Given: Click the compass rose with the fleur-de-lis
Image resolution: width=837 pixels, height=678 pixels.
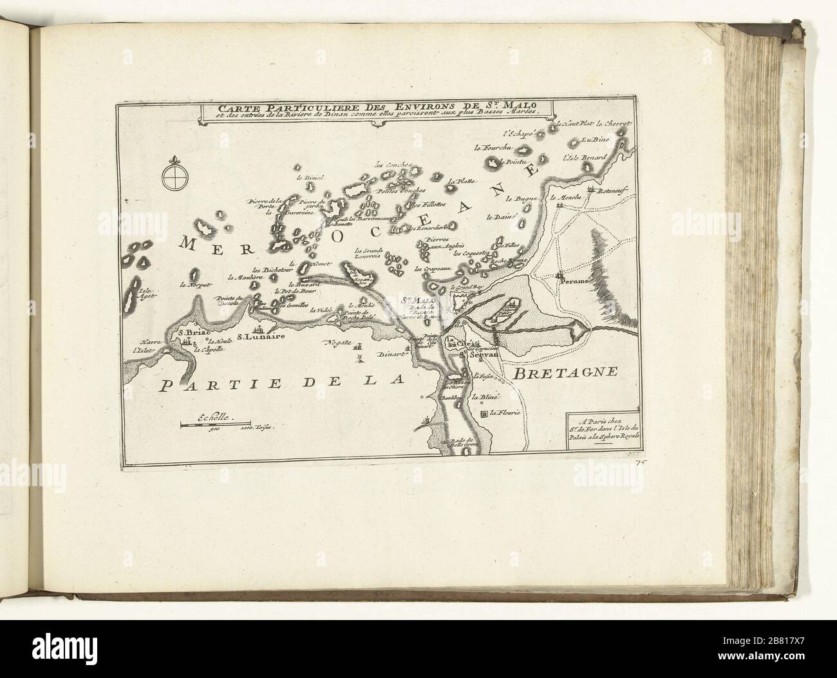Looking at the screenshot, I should pyautogui.click(x=173, y=176).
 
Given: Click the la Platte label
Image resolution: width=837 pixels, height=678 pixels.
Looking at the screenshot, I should pyautogui.click(x=462, y=182).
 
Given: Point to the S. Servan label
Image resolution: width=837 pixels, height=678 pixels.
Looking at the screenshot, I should pyautogui.click(x=476, y=353).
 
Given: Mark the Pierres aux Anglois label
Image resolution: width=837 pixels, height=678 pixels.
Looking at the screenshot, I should pyautogui.click(x=440, y=247).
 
